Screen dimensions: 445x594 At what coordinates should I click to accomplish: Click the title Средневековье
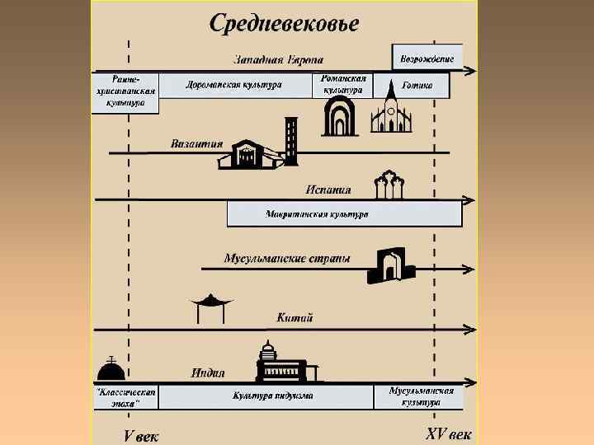coord(285,22)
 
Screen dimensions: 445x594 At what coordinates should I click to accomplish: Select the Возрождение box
coord(426,58)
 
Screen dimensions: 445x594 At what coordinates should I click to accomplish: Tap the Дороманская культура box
coord(234,85)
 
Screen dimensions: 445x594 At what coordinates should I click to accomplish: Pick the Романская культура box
coord(343,85)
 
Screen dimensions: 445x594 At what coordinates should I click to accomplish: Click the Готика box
coord(417,85)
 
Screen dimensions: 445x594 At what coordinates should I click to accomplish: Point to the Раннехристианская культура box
coord(124,91)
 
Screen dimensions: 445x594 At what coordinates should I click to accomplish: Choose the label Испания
coord(328,189)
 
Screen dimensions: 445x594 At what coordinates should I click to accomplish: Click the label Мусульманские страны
coord(287,259)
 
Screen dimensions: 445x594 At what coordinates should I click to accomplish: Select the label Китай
coord(295,317)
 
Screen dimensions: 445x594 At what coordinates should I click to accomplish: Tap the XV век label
coord(449,433)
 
